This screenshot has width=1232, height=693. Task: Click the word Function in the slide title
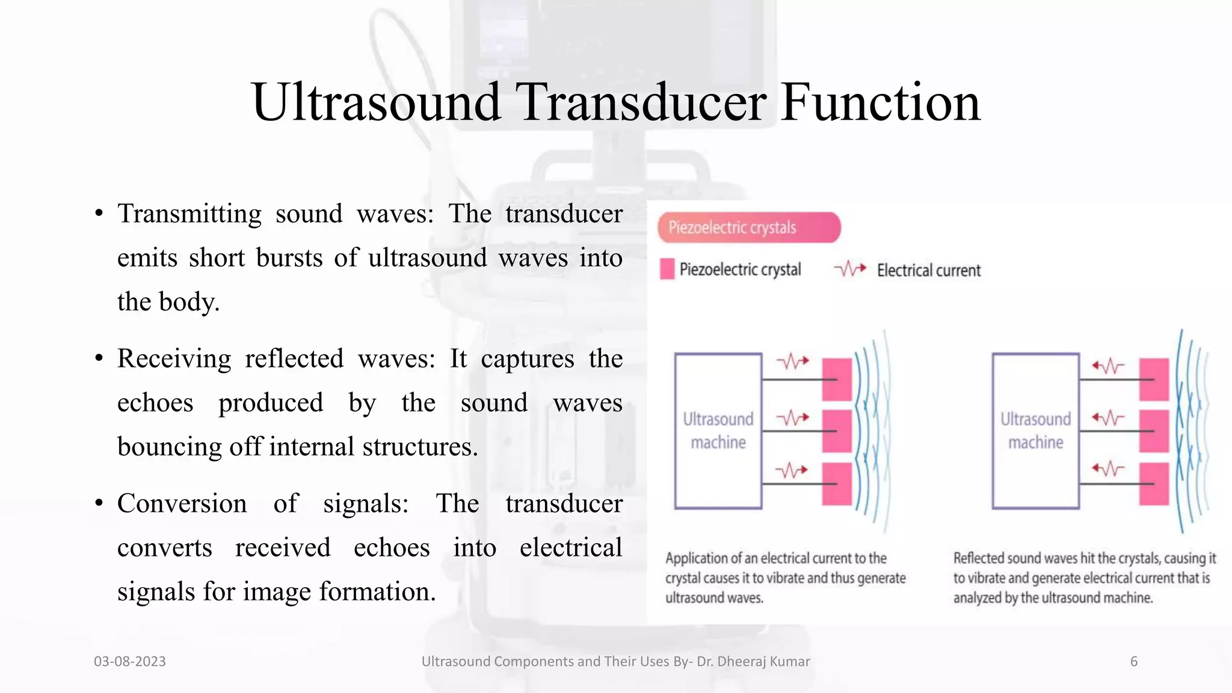click(x=880, y=102)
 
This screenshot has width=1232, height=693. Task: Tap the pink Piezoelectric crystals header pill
click(x=748, y=227)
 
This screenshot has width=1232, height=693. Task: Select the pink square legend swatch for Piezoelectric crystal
click(x=667, y=269)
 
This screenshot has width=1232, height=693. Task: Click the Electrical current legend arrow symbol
click(x=850, y=268)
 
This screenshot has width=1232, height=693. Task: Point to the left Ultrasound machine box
click(x=718, y=431)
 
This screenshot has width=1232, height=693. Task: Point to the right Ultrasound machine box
click(x=1035, y=431)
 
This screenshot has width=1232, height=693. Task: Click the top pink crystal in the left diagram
click(x=837, y=379)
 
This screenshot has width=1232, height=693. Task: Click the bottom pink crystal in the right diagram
click(x=1154, y=483)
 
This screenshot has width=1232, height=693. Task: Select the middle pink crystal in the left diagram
click(x=837, y=431)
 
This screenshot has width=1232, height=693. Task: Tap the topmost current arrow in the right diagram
click(x=1107, y=365)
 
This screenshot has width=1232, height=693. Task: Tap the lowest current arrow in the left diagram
click(x=791, y=469)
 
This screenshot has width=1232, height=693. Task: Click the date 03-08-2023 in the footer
click(x=129, y=662)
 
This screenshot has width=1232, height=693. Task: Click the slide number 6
click(x=1133, y=662)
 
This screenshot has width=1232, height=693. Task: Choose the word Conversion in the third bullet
click(x=182, y=504)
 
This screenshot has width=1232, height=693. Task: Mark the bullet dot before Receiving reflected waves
click(x=99, y=359)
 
